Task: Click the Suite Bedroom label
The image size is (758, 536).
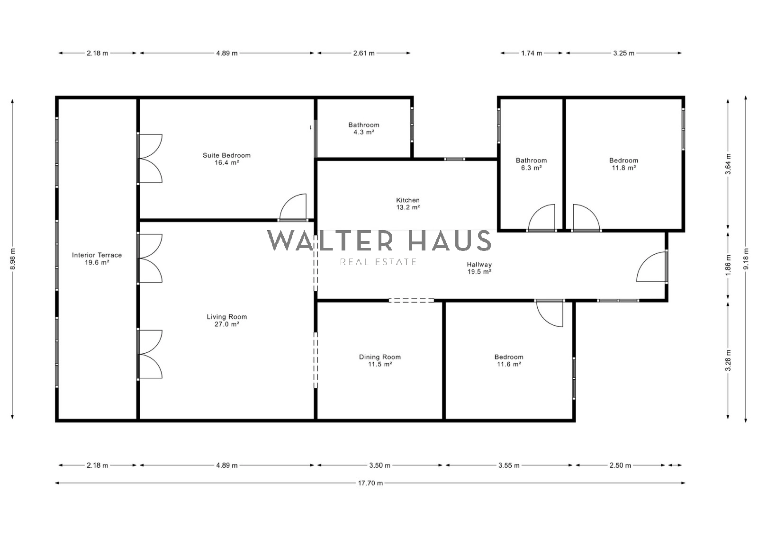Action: [x=226, y=159]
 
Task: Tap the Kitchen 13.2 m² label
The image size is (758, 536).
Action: [x=408, y=204]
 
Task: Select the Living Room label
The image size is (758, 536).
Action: [x=227, y=320]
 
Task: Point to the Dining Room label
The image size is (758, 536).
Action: [x=379, y=360]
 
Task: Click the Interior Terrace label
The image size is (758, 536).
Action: [x=97, y=259]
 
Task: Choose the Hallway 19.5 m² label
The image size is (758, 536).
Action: [x=479, y=268]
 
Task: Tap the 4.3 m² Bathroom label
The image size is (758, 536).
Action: [x=364, y=128]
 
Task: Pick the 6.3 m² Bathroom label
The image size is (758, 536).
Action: [x=531, y=164]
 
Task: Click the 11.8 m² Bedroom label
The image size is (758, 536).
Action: [x=623, y=164]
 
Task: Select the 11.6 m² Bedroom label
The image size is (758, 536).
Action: [x=509, y=360]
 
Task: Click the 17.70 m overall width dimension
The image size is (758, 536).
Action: [x=370, y=483]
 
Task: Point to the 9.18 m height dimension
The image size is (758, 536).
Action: [x=746, y=259]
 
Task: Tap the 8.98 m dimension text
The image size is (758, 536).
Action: [x=13, y=259]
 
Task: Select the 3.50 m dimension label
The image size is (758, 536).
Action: [x=379, y=465]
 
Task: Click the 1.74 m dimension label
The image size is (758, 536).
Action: [x=531, y=53]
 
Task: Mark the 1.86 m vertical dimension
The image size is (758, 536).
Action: [x=728, y=265]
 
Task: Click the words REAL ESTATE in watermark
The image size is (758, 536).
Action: [x=378, y=262]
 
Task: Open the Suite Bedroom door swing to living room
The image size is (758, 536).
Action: [x=293, y=207]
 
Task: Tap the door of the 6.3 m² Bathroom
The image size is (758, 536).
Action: [x=541, y=217]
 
